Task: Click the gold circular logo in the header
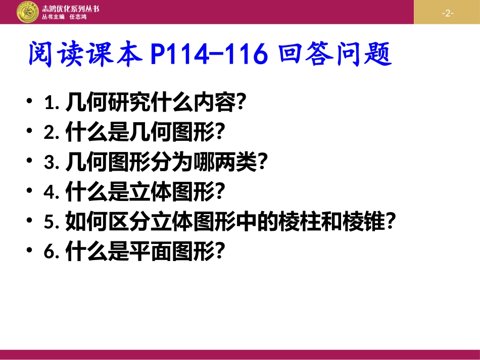point(27,12)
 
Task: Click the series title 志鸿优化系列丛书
point(71,7)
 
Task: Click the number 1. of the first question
point(53,104)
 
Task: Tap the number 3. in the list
point(53,163)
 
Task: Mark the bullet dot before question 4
point(32,191)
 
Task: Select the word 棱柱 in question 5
point(299,222)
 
